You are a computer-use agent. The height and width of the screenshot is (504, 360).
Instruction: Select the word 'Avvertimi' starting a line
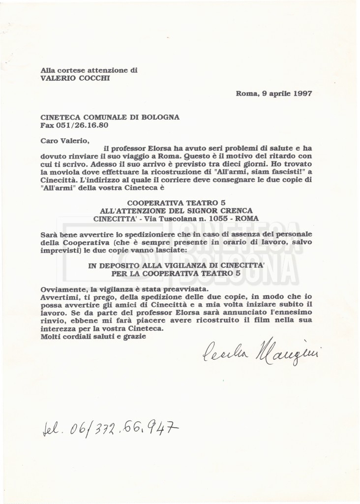point(60,297)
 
